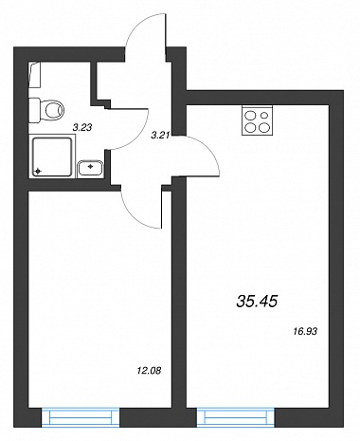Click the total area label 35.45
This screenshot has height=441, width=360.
pos(257,301)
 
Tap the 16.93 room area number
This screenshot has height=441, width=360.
pos(304,331)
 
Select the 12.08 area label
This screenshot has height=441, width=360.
pos(149,370)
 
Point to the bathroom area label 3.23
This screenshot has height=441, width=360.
pos(82,128)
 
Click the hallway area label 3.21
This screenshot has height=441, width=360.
pos(160,136)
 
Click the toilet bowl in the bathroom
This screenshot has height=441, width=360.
pos(53,110)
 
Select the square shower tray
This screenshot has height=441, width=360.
pos(52,156)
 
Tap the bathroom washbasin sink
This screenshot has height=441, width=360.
pos(90,168)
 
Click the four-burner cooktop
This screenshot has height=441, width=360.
pos(257,120)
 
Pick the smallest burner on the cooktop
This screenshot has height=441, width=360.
pos(264,115)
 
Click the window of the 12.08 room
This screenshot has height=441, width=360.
pos(81,417)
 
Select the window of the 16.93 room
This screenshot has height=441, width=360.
pos(236,417)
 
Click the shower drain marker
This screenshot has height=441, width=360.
pos(38,172)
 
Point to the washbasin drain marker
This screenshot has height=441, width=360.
pos(91,166)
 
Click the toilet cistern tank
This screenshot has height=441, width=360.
pos(34,110)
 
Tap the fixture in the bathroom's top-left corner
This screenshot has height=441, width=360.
pos(35,75)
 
